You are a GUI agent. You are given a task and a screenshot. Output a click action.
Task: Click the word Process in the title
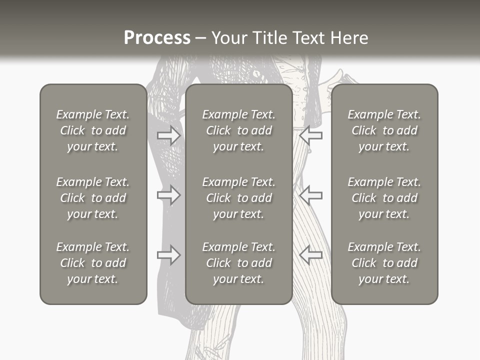pyautogui.click(x=157, y=38)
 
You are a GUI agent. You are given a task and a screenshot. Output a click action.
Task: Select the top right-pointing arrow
pyautogui.click(x=169, y=135)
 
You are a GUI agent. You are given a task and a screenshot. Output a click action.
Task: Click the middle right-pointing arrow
pyautogui.click(x=169, y=194)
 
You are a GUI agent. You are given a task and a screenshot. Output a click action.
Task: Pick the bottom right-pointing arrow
pyautogui.click(x=169, y=255)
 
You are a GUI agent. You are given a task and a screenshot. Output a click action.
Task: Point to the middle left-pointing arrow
pyautogui.click(x=310, y=194)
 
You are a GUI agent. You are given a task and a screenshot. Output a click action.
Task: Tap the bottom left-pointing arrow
pyautogui.click(x=310, y=255)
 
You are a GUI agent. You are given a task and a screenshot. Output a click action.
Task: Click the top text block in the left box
pyautogui.click(x=93, y=130)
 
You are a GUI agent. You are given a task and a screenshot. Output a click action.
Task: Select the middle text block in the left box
pyautogui.click(x=93, y=198)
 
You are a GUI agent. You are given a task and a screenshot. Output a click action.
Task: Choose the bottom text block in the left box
pyautogui.click(x=93, y=263)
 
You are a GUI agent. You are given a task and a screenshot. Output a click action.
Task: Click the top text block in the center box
pyautogui.click(x=239, y=130)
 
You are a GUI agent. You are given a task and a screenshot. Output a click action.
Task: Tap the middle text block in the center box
pyautogui.click(x=239, y=198)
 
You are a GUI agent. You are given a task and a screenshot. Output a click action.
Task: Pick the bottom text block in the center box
pyautogui.click(x=239, y=263)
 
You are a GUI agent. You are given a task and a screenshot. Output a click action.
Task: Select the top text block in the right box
pyautogui.click(x=384, y=130)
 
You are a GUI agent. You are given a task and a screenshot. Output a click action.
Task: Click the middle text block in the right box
pyautogui.click(x=384, y=198)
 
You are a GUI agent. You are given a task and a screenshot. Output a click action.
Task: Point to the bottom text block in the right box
pyautogui.click(x=384, y=263)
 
